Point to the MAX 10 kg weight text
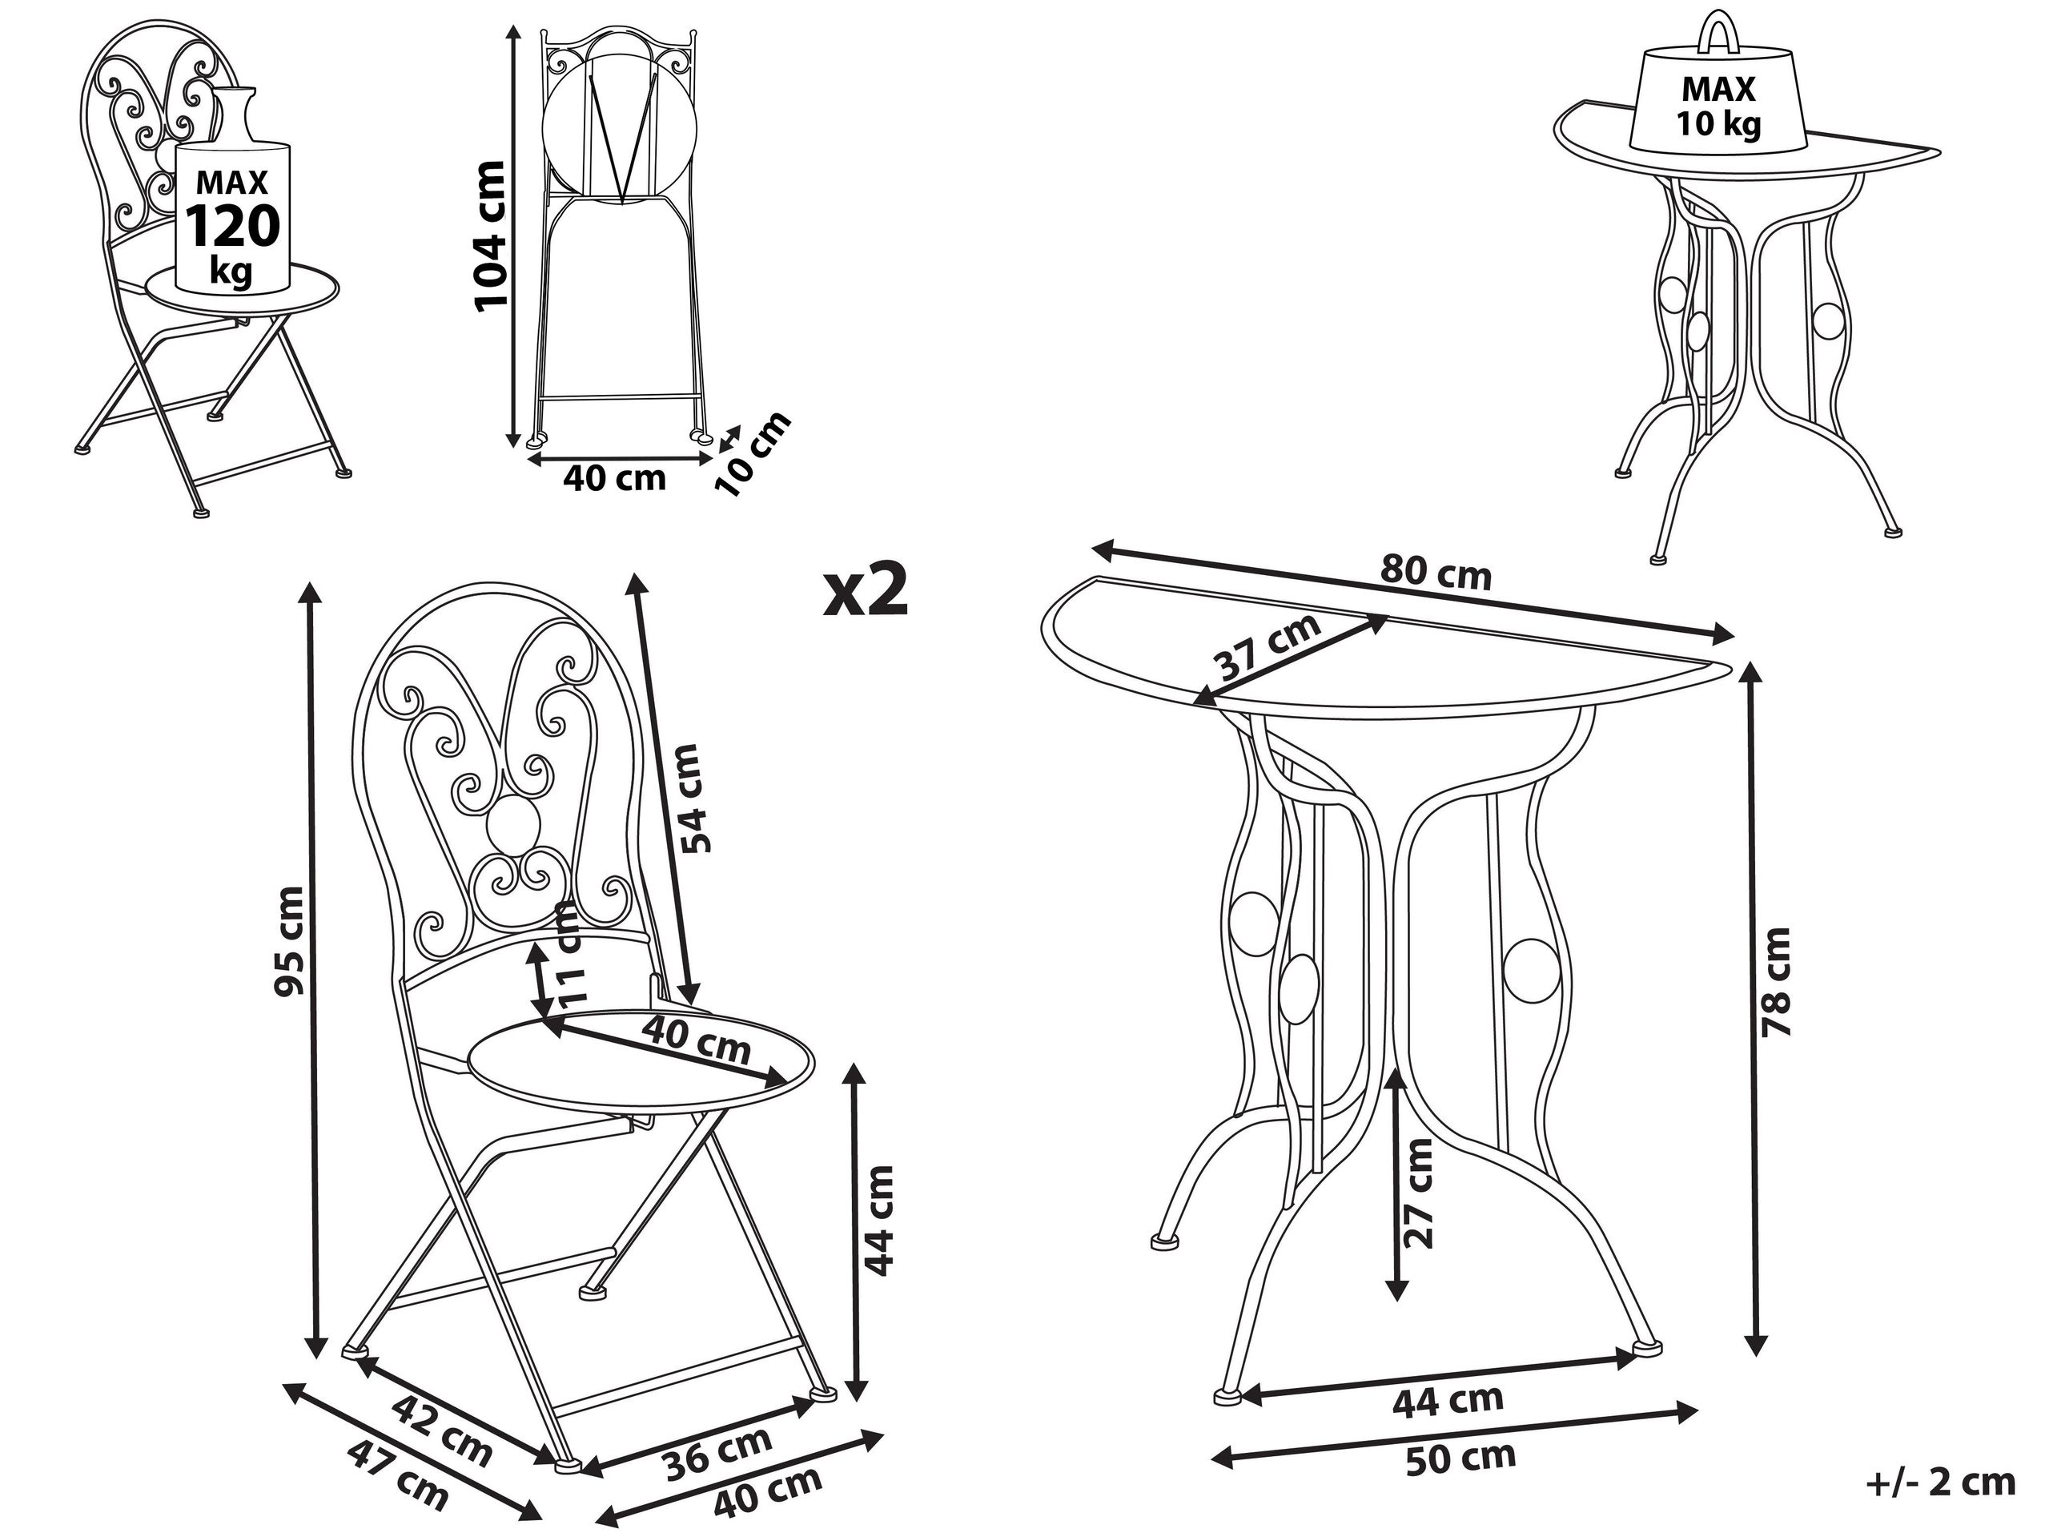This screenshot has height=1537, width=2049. pyautogui.click(x=1718, y=106)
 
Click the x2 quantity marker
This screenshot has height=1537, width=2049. pyautogui.click(x=866, y=590)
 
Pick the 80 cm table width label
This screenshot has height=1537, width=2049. pyautogui.click(x=1436, y=572)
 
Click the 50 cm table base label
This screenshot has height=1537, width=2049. pyautogui.click(x=1460, y=1459)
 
